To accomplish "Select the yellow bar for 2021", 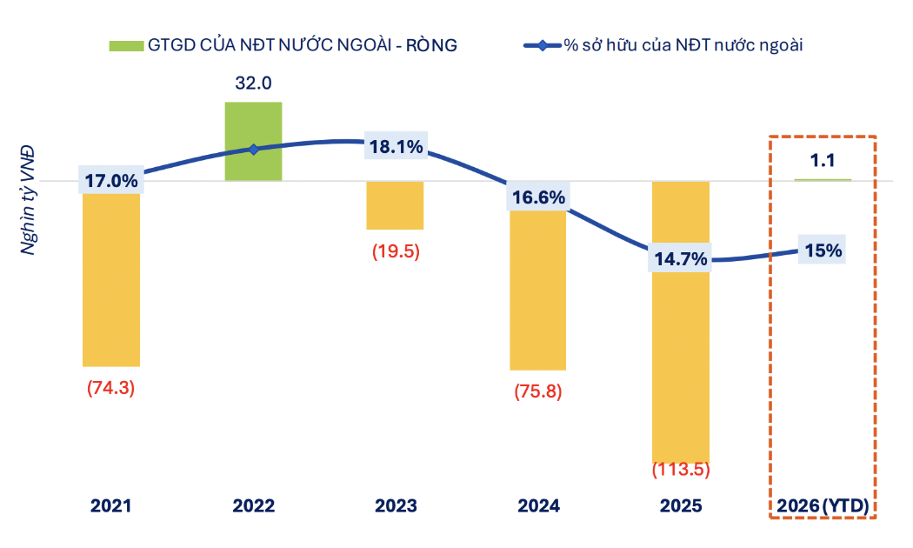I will [111, 278].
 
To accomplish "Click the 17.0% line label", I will [111, 181].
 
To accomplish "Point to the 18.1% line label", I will [396, 147].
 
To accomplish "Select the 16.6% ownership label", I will [537, 197].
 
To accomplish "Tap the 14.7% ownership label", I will [680, 258].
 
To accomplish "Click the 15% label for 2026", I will [823, 251].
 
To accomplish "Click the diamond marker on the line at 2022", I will [254, 150].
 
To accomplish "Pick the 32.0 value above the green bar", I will [253, 84].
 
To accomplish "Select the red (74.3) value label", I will [111, 389].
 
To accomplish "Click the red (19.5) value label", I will [395, 251].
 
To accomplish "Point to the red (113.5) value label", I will [681, 471].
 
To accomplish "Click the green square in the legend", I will [125, 45].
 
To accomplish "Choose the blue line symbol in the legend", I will [541, 45].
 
